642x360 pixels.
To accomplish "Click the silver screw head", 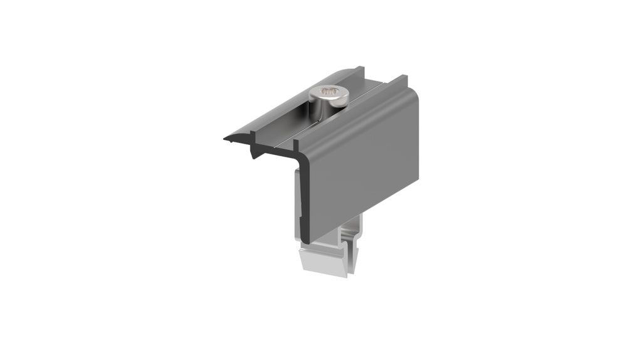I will [x=330, y=95].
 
